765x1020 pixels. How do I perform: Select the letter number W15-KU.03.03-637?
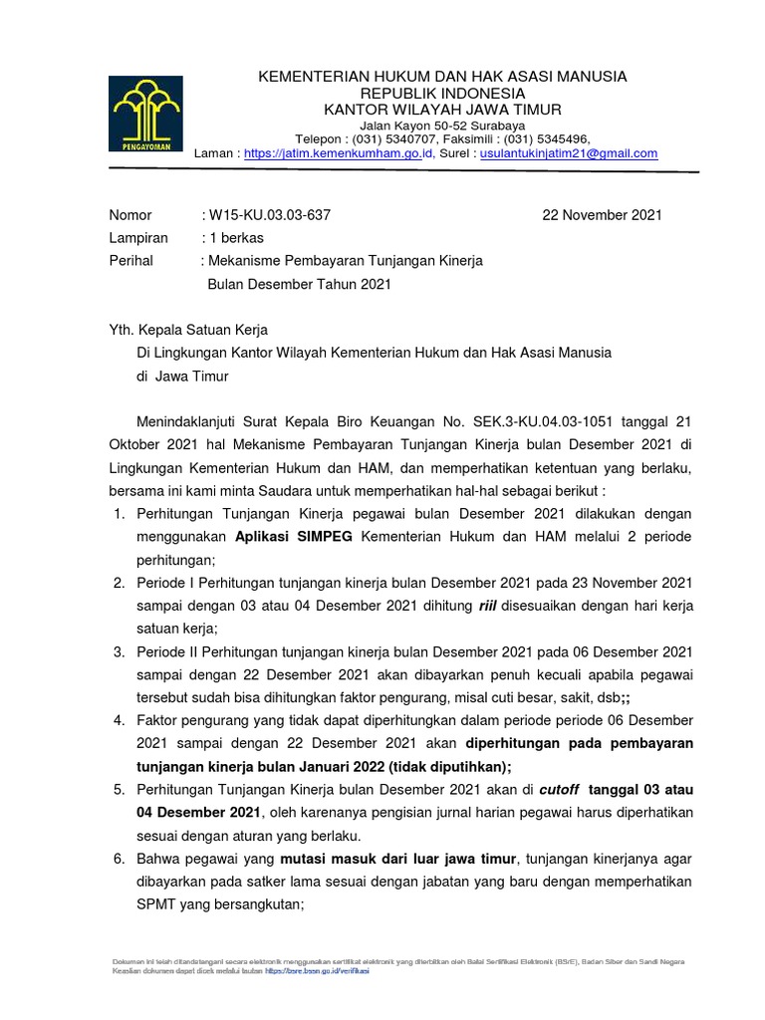[269, 215]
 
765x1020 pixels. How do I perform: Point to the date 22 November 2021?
[602, 215]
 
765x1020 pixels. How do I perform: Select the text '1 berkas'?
[234, 238]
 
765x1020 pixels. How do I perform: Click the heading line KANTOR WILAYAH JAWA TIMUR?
[442, 108]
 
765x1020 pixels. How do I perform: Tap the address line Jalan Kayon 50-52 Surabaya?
[442, 125]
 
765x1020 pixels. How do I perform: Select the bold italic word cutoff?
[558, 789]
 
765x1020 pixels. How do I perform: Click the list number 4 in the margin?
[117, 720]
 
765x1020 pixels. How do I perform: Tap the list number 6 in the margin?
[117, 859]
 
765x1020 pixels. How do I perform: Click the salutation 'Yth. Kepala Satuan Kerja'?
[187, 330]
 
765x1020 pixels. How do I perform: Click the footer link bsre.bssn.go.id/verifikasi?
[318, 969]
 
